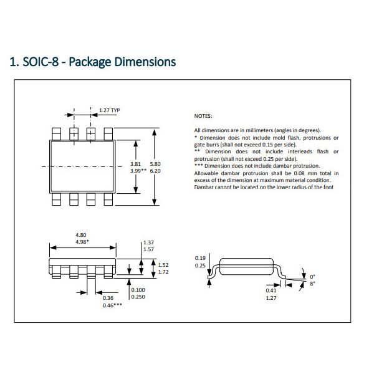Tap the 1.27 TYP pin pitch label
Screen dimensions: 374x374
pos(109,110)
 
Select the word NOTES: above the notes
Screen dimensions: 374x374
pos(203,116)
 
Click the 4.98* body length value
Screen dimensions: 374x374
pos(82,241)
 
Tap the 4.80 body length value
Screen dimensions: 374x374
pos(81,235)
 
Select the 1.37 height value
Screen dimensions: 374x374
pos(148,242)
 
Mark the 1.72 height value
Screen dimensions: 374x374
pos(164,272)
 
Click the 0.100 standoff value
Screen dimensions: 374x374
pos(138,290)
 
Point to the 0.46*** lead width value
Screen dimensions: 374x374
pos(112,305)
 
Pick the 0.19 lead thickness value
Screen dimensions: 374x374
pos(199,257)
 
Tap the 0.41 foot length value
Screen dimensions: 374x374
pos(271,290)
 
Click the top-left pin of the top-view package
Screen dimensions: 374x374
pos(56,133)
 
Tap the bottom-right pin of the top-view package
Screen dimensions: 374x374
pos(107,198)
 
